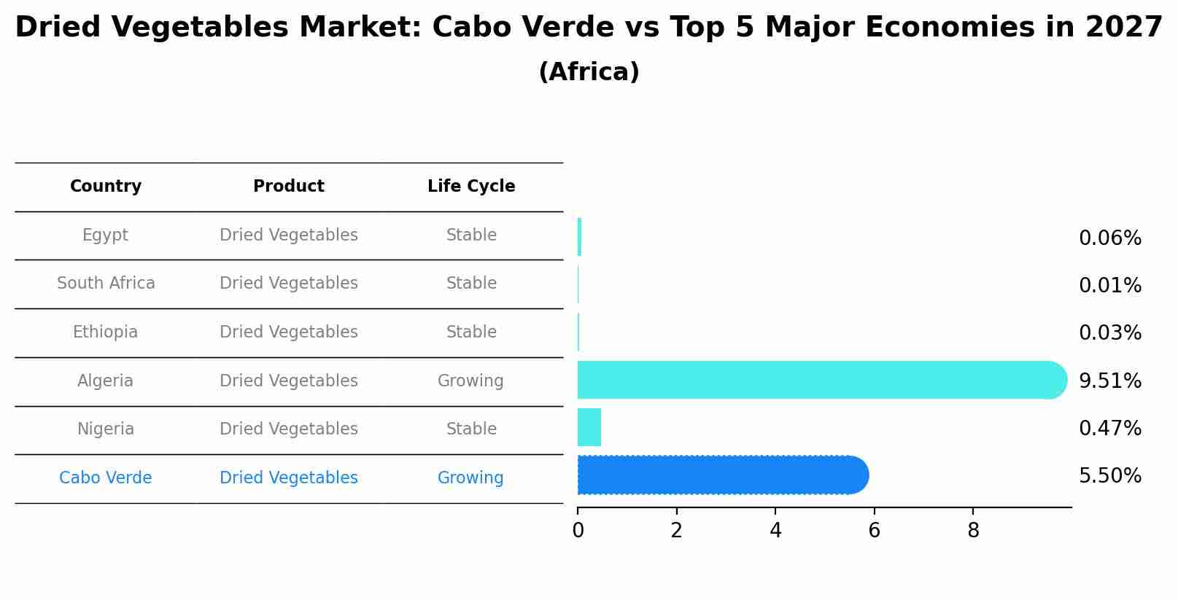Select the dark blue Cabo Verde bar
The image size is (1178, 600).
[x=722, y=475]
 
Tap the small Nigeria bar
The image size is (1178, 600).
[x=589, y=427]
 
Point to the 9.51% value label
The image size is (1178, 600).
[x=1109, y=381]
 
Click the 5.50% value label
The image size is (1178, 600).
[x=1109, y=476]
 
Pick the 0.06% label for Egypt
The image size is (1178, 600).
[x=1109, y=238]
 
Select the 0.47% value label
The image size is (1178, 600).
[x=1109, y=428]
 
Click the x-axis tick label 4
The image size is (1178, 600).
[x=775, y=531]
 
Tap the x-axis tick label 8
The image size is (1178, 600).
[x=973, y=531]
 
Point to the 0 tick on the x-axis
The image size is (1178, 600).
[x=578, y=531]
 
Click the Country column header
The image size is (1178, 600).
[x=106, y=187]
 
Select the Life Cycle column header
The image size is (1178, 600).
[x=471, y=187]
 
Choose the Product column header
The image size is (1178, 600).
[x=289, y=187]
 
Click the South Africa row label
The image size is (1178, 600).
[x=106, y=283]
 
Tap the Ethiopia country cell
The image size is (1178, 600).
[x=105, y=332]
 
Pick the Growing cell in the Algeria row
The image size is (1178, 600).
[x=470, y=381]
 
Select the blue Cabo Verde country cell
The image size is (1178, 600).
[x=106, y=478]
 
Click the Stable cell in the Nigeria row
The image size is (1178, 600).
[x=471, y=429]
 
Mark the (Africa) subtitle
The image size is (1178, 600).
[x=589, y=72]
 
